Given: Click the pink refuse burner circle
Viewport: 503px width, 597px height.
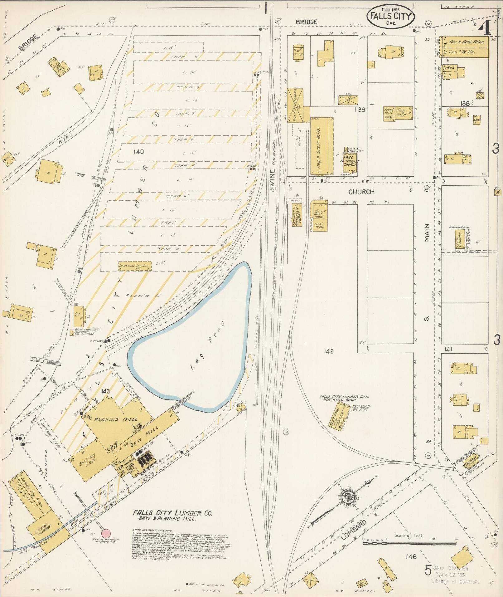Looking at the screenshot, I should tap(106, 533).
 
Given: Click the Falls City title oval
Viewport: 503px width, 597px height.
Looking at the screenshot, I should tap(391, 16).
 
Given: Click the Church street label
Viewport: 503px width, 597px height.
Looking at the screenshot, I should tap(362, 192).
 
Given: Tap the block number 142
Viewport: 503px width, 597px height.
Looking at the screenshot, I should tap(329, 351).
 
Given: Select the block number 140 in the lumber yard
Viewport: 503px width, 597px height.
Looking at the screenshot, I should tap(138, 152).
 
